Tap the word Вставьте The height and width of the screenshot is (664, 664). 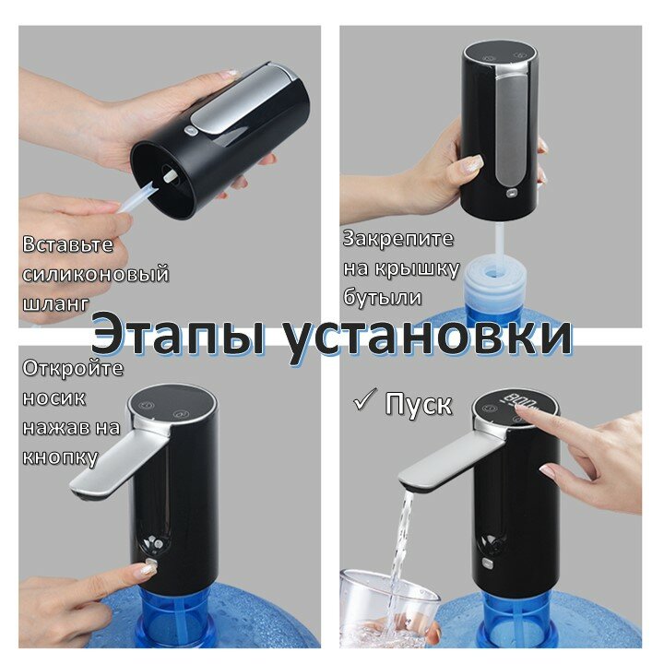click(x=67, y=244)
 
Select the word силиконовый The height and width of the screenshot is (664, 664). click(x=96, y=274)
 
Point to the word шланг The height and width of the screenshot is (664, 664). click(x=55, y=303)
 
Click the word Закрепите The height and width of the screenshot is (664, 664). click(x=398, y=239)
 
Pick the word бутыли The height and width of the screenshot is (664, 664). click(x=383, y=297)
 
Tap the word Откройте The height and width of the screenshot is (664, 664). click(x=73, y=368)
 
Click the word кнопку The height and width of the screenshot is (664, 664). click(x=60, y=457)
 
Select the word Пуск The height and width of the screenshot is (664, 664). click(x=419, y=404)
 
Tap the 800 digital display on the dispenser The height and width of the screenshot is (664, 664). click(x=518, y=400)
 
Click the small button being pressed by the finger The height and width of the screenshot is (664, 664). click(x=151, y=565)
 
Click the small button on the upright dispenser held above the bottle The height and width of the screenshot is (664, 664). click(x=512, y=194)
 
